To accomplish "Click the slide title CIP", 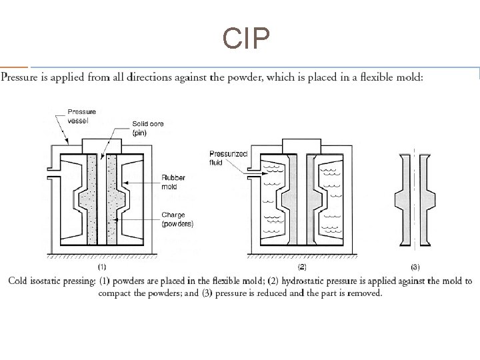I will click(247, 40).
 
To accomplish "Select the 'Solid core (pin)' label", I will click(148, 128).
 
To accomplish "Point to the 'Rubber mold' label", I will click(173, 182).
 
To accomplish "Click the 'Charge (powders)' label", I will click(177, 219).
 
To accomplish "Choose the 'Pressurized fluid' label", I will click(228, 158).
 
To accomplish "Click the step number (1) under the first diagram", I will click(102, 267).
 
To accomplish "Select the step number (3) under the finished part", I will click(415, 267).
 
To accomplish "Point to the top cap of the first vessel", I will click(102, 145).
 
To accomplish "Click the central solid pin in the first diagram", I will click(102, 200).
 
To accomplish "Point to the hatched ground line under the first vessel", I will click(102, 256).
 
